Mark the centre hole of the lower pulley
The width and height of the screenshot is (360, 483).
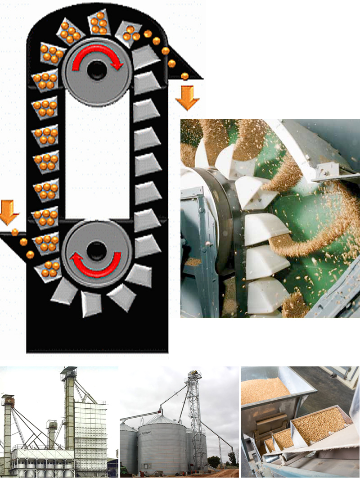click(95, 249)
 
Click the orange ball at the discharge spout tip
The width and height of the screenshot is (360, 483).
click(184, 76)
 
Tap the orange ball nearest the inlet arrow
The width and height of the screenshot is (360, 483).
click(15, 232)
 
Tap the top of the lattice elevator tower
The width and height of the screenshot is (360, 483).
click(194, 376)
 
